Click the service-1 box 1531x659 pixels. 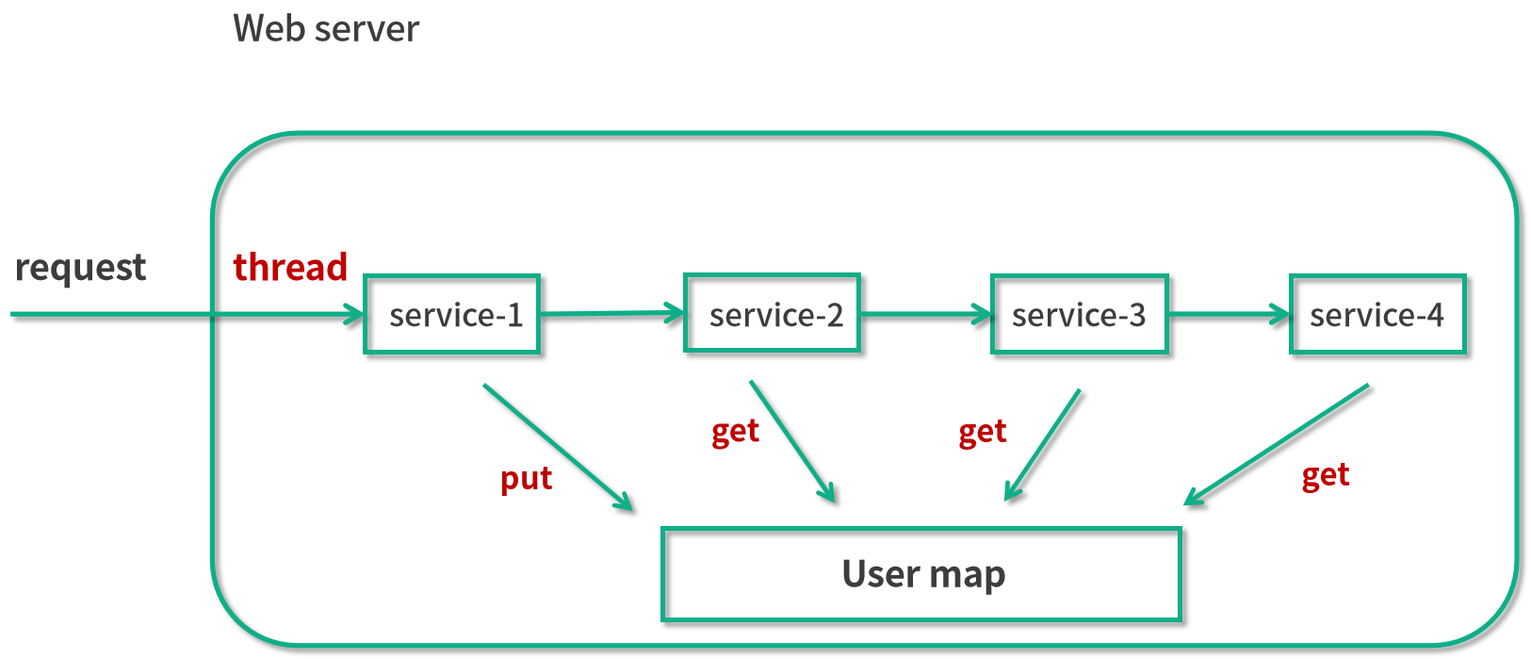pyautogui.click(x=451, y=314)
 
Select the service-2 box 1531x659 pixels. pyautogui.click(x=772, y=313)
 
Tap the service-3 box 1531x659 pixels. pyautogui.click(x=1080, y=314)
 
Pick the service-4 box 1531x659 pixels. pyautogui.click(x=1377, y=314)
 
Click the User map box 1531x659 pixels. pyautogui.click(x=921, y=574)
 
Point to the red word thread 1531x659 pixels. pyautogui.click(x=290, y=267)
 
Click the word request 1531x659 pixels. pyautogui.click(x=81, y=268)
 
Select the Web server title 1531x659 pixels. pyautogui.click(x=326, y=28)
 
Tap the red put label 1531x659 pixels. pyautogui.click(x=526, y=479)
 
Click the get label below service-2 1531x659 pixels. pyautogui.click(x=735, y=432)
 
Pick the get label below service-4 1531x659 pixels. pyautogui.click(x=1326, y=475)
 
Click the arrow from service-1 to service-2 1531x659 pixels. pyautogui.click(x=611, y=313)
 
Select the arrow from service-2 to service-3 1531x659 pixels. pyautogui.click(x=925, y=314)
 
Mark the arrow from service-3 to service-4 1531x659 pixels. pyautogui.click(x=1229, y=314)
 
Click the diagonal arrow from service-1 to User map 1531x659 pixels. pyautogui.click(x=557, y=447)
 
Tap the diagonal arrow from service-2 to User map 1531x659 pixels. pyautogui.click(x=791, y=440)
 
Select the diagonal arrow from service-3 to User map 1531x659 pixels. pyautogui.click(x=1043, y=444)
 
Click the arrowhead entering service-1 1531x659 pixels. pyautogui.click(x=355, y=314)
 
